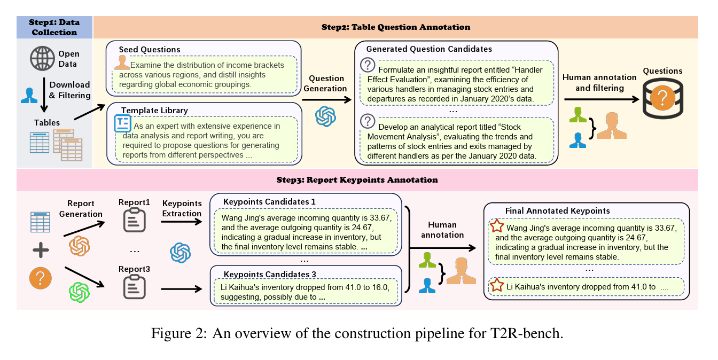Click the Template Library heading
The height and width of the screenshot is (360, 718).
click(x=154, y=111)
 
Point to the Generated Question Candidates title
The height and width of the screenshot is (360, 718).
click(x=429, y=49)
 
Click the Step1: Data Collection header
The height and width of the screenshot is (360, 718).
click(x=54, y=27)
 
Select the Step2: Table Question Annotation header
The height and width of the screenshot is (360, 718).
click(x=395, y=27)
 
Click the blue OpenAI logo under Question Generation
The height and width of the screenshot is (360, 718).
click(x=325, y=116)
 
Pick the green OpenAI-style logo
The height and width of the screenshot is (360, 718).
click(x=79, y=292)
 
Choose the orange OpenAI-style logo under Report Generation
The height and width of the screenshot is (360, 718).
click(x=80, y=246)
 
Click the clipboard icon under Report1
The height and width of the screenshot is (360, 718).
click(x=134, y=220)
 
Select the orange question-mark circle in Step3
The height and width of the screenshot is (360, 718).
click(x=41, y=278)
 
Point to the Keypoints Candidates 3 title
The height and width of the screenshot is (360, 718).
click(x=270, y=274)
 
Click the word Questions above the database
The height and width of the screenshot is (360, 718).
click(x=662, y=71)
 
